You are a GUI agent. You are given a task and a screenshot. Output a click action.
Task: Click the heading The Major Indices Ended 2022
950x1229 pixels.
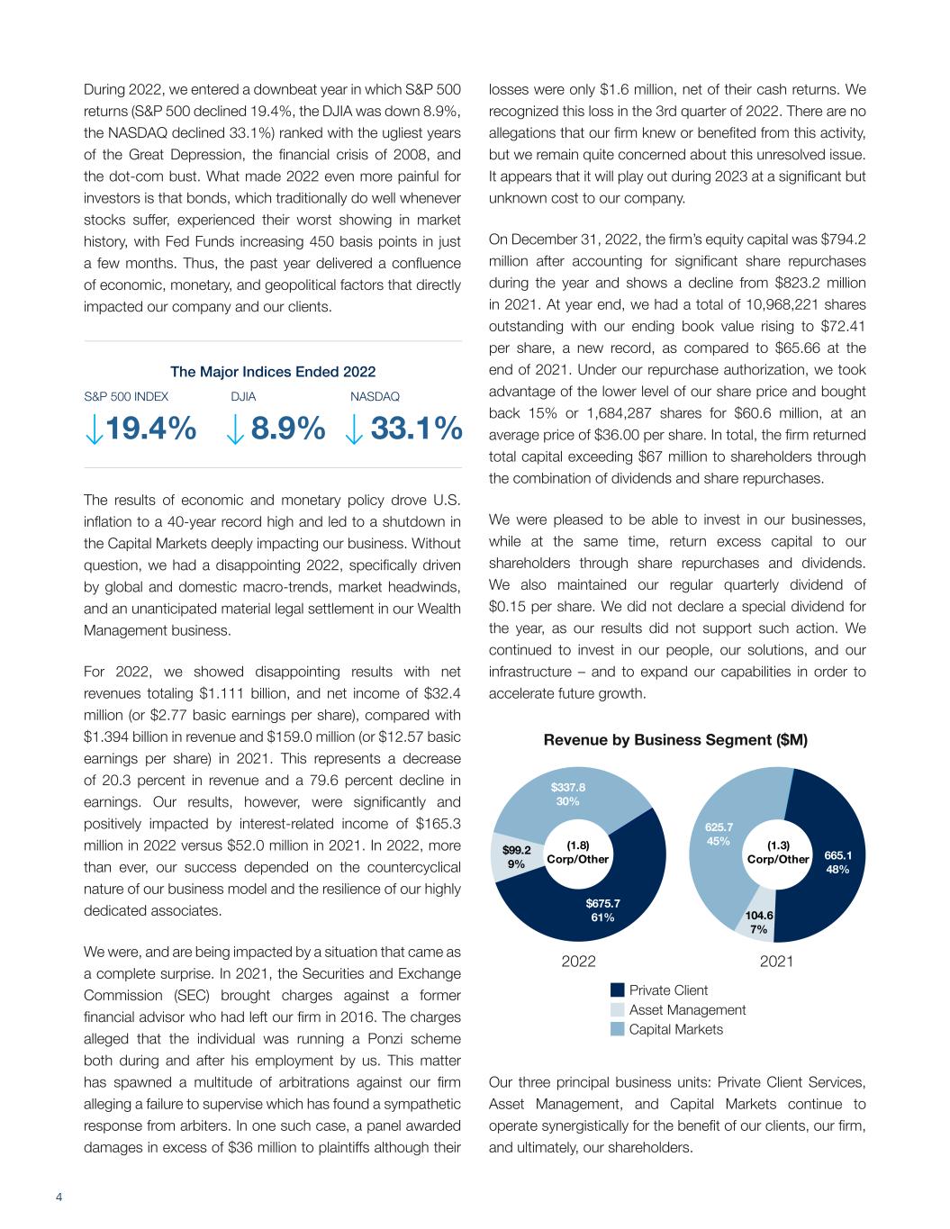click(x=273, y=372)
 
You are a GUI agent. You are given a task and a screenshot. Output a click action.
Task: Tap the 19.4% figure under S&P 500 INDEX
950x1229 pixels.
click(x=152, y=429)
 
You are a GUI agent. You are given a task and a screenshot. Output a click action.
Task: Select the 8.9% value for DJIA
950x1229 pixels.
click(x=288, y=429)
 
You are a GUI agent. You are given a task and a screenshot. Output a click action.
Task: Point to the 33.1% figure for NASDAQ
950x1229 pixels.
click(x=416, y=429)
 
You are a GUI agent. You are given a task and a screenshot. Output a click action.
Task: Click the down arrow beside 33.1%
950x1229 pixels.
click(x=354, y=431)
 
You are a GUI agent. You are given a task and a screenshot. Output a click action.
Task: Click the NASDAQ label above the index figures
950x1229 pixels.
click(x=374, y=396)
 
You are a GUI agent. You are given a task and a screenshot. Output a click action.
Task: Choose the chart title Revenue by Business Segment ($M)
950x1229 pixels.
click(x=675, y=740)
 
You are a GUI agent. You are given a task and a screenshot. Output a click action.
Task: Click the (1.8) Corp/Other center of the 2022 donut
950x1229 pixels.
click(x=578, y=852)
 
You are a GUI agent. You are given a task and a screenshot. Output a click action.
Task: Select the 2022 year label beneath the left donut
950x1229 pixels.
click(x=578, y=962)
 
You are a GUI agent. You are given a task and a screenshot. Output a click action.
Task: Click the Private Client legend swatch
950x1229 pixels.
click(x=617, y=990)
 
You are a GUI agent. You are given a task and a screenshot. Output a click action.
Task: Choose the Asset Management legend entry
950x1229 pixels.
click(x=687, y=1009)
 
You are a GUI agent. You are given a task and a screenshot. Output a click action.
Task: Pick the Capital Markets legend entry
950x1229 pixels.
click(x=675, y=1029)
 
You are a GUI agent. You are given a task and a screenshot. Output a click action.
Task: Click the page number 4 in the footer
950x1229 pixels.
click(x=59, y=1197)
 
